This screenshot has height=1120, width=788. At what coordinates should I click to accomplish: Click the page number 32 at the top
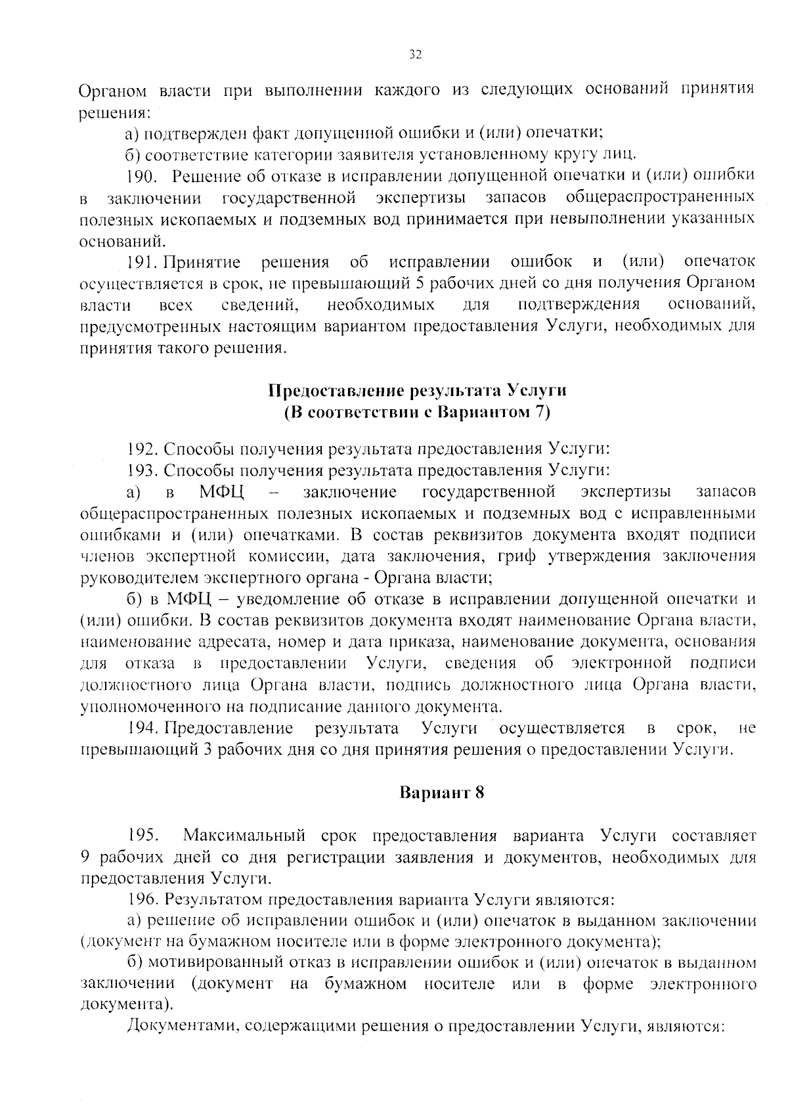(414, 55)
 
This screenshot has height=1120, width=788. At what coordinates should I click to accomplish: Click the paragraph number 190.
(140, 175)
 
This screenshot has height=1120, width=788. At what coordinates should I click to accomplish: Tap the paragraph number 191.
(141, 262)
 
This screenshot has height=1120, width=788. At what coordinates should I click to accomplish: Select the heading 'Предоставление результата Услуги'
(417, 391)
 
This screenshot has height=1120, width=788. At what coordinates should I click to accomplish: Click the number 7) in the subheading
(542, 413)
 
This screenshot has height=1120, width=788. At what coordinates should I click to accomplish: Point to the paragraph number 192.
(142, 449)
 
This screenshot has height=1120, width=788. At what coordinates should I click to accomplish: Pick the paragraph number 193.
(142, 470)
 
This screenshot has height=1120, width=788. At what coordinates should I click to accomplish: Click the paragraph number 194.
(142, 728)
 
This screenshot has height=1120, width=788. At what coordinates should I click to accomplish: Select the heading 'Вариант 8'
(442, 792)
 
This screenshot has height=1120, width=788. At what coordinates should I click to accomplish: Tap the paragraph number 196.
(142, 899)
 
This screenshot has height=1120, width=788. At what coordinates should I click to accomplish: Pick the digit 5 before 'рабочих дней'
(421, 284)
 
